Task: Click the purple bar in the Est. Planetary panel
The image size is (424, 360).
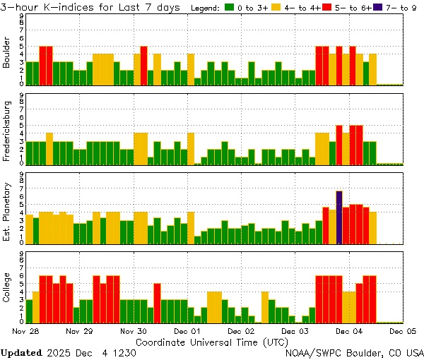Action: (339, 217)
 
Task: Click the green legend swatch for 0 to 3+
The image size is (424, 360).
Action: (230, 8)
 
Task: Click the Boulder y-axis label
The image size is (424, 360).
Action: (6, 51)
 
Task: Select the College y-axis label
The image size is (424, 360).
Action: (6, 288)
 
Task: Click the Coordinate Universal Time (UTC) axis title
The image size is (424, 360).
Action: (211, 341)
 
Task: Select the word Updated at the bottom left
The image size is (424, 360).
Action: (21, 352)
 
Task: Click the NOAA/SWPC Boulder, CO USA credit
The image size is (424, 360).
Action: (354, 352)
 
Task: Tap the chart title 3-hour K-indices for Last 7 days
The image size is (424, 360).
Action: (93, 8)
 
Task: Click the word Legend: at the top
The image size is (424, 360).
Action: (206, 8)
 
